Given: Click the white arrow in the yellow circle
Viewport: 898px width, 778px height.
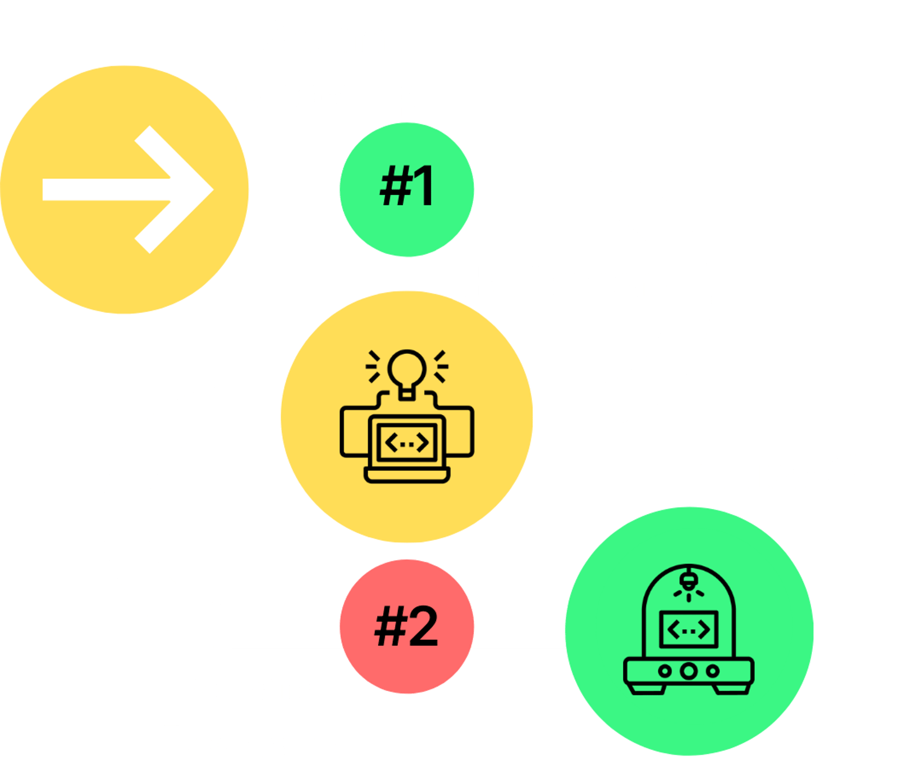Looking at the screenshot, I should tap(128, 190).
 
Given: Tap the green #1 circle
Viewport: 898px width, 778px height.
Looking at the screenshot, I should tap(406, 190).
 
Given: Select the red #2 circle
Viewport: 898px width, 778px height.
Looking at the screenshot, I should tap(406, 626).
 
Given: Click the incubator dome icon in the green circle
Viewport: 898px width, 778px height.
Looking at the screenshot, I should tap(689, 629).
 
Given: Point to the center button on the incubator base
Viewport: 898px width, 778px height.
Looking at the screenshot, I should tap(689, 671).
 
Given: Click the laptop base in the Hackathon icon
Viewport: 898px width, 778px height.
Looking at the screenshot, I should tap(407, 475).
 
